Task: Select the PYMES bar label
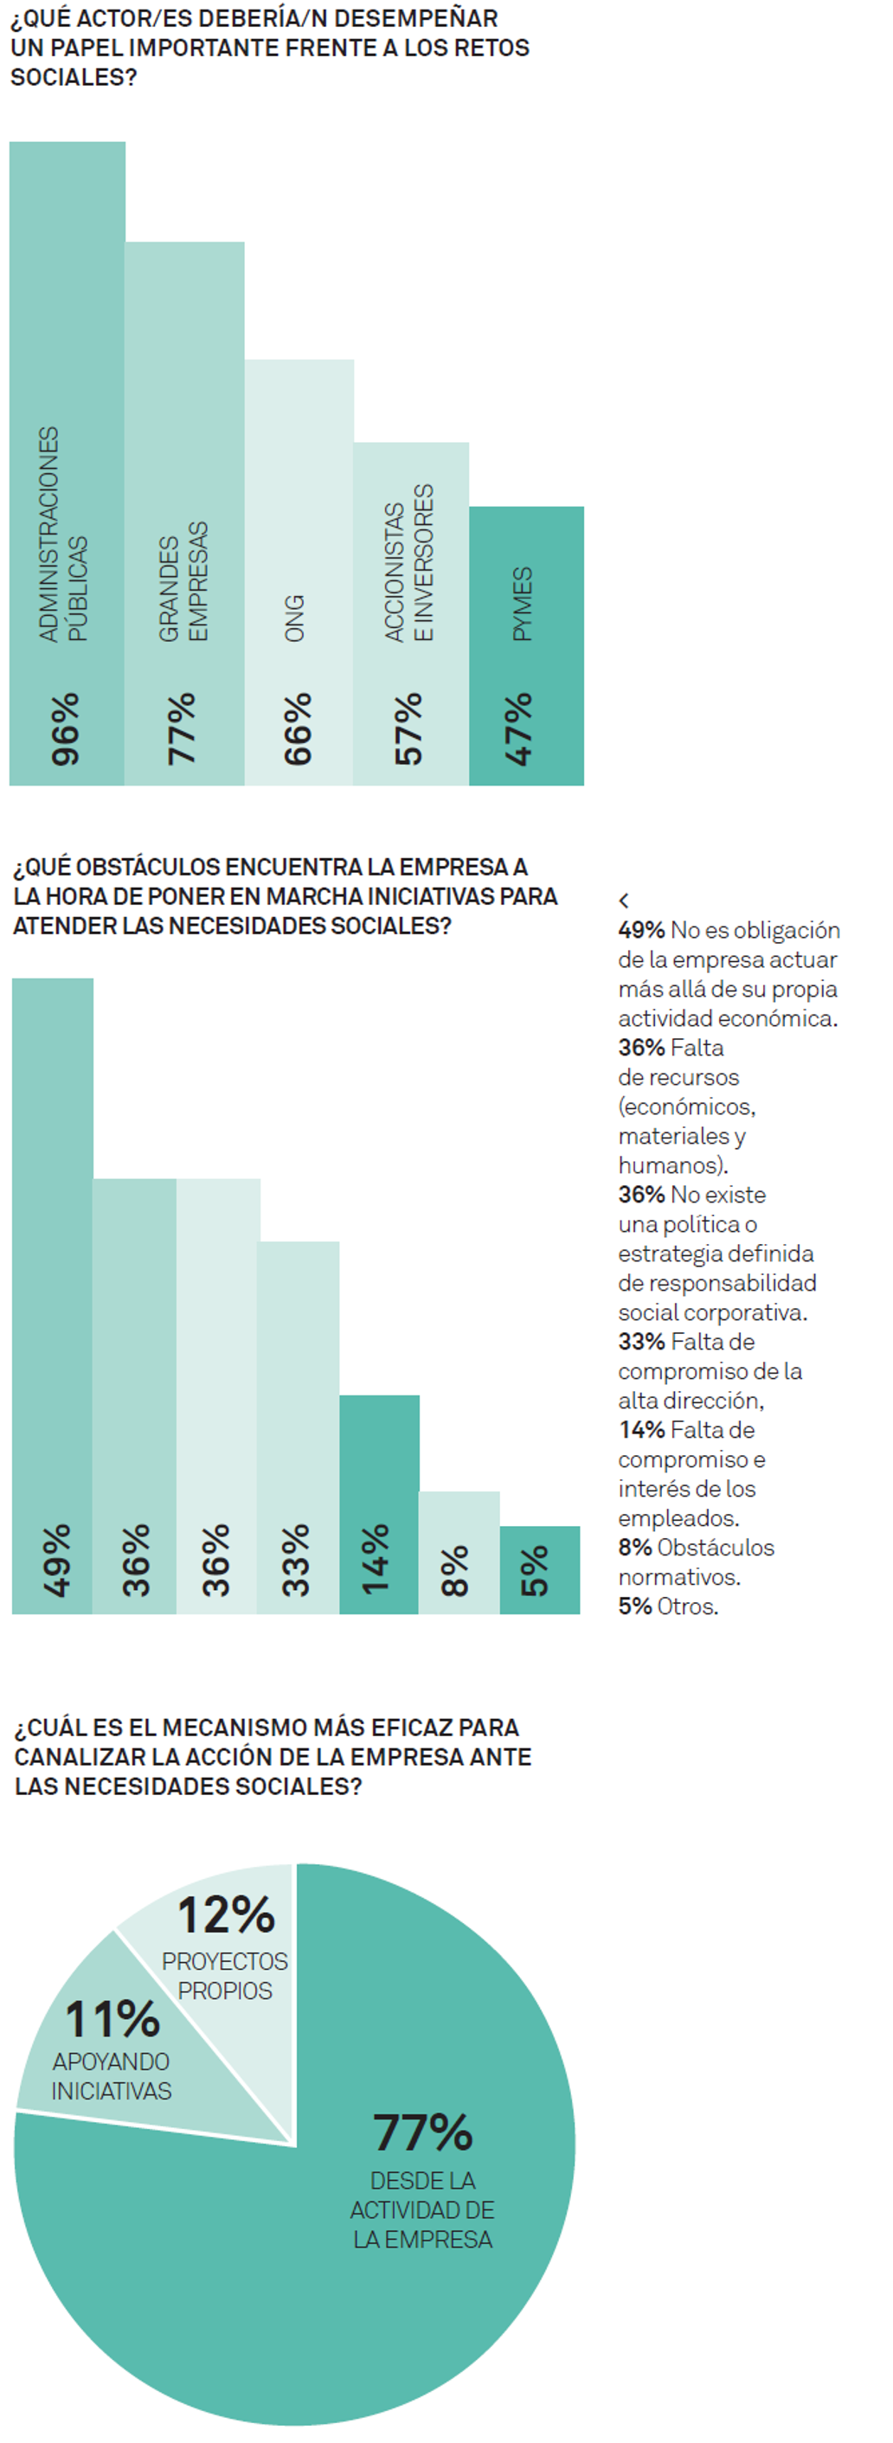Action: [x=523, y=604]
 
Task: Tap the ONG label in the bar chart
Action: [x=295, y=619]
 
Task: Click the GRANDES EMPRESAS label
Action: [x=183, y=581]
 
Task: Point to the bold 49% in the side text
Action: [x=640, y=930]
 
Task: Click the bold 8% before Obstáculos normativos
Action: [x=635, y=1548]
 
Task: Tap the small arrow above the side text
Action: [x=624, y=900]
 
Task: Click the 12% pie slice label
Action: [x=226, y=1914]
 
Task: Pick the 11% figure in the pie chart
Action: [x=112, y=2019]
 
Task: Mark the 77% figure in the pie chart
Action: [x=423, y=2133]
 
